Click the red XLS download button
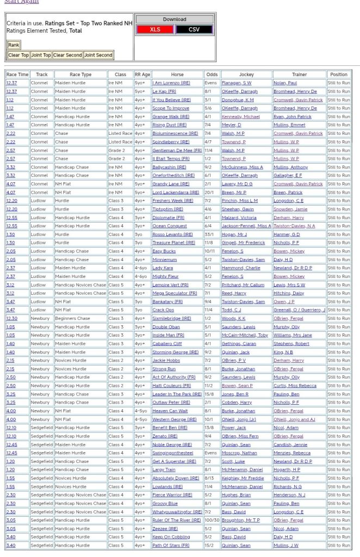155,29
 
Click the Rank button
14,45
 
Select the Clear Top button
18,55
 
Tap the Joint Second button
98,55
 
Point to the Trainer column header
299,75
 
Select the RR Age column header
142,75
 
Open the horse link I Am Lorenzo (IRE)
171,83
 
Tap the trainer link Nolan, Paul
285,83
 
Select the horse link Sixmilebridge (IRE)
172,318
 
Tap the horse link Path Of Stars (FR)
171,546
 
